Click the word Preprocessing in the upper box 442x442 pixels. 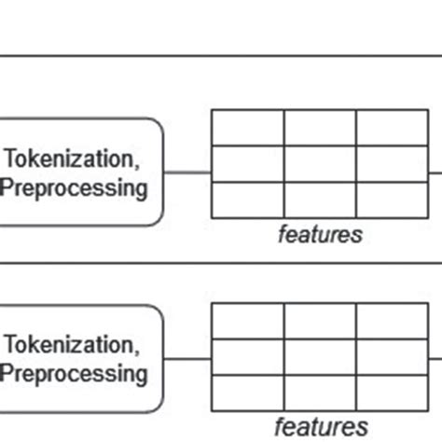pos(74,187)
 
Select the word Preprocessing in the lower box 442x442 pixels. pos(74,374)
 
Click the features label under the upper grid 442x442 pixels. pos(320,234)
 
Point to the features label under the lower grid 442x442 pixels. pos(320,427)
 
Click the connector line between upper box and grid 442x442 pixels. pos(187,172)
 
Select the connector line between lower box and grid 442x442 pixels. pos(187,358)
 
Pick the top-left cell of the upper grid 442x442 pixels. pos(248,128)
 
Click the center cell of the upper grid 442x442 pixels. pos(320,163)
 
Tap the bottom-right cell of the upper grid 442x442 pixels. pos(392,200)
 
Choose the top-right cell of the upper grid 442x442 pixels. pos(392,128)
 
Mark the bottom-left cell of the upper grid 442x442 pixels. pos(248,200)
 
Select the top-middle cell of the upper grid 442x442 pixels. pos(320,128)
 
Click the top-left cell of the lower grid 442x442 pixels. pos(248,321)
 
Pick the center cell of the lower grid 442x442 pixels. pos(320,356)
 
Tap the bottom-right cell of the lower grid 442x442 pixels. pos(392,391)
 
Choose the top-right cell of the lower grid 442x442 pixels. pos(392,321)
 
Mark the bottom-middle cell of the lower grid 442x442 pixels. pos(320,391)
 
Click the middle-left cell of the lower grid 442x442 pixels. pos(248,356)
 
